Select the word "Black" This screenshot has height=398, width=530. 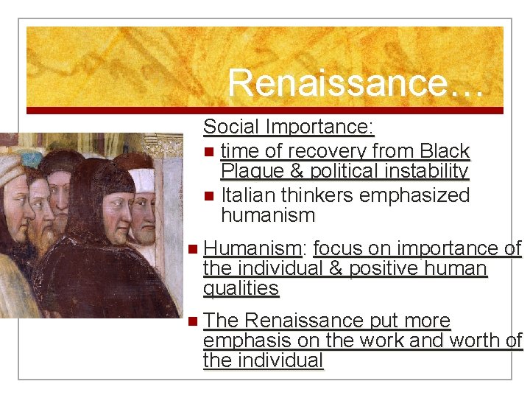(446, 151)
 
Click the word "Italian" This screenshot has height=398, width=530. (248, 195)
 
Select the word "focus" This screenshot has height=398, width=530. (339, 248)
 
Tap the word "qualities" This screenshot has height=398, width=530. (241, 288)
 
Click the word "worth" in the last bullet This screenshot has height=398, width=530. (472, 341)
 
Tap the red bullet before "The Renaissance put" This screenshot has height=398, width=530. (193, 321)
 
